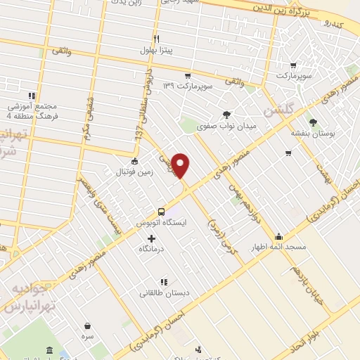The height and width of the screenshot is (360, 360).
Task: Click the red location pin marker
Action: pos(181,166)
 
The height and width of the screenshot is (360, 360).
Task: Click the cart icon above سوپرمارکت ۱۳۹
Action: pos(187,75)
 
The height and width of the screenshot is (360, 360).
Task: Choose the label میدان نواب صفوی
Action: pos(226,127)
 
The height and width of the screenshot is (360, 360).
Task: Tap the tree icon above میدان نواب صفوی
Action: pos(226,115)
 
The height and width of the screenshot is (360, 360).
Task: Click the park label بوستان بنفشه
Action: pos(314,132)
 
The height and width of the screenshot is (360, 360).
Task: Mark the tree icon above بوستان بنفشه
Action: pos(314,121)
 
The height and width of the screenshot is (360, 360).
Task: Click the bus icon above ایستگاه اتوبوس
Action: pos(162,211)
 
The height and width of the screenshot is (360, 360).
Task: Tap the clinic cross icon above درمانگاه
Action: pos(151,239)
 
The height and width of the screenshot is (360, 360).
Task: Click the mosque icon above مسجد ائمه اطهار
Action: pos(279,236)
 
